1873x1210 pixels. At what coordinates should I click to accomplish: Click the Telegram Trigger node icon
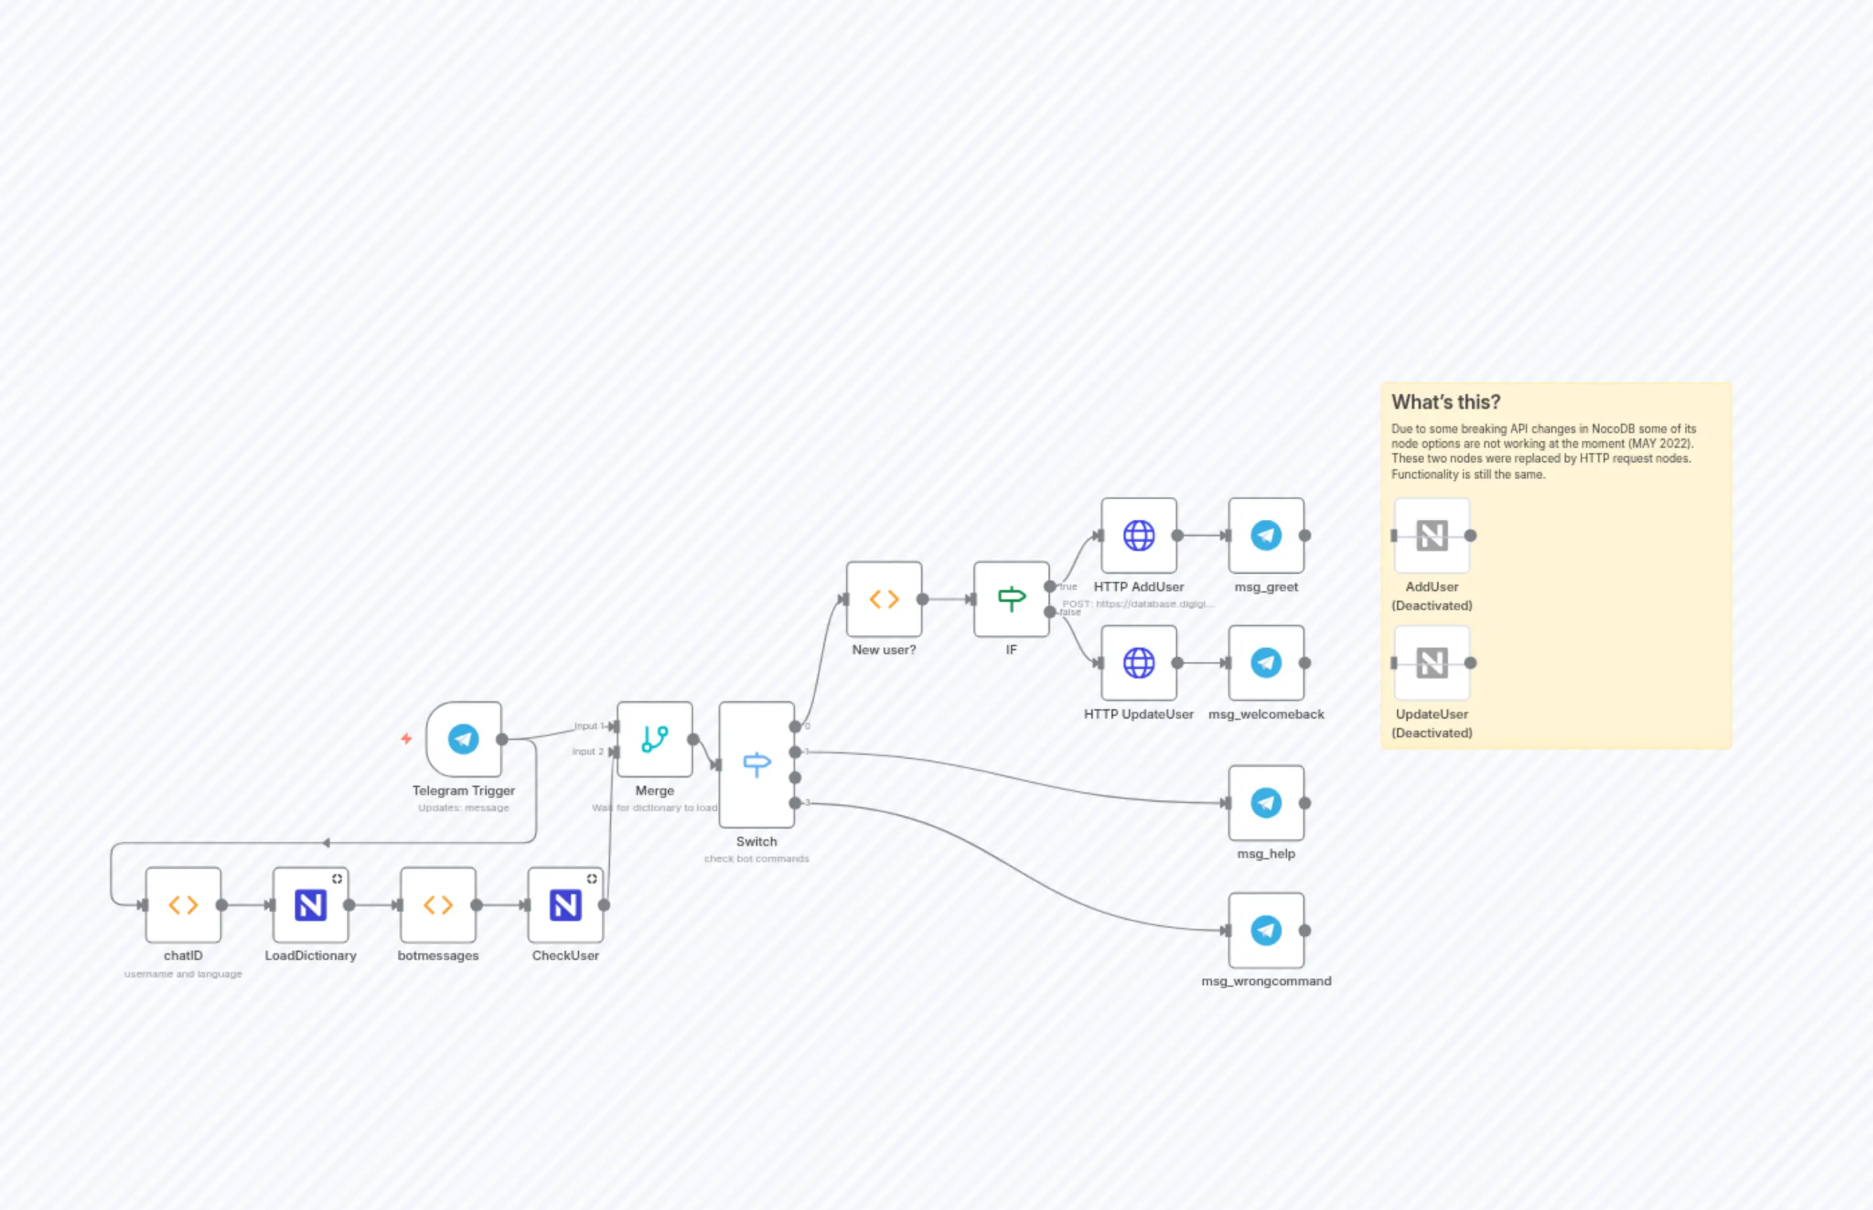point(463,739)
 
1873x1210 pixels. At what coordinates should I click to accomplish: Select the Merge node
point(654,739)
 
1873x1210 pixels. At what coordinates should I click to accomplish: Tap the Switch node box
point(757,764)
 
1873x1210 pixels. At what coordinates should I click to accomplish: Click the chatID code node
point(183,905)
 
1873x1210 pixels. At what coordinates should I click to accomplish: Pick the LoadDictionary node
point(310,905)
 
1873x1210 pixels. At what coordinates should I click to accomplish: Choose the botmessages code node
point(438,905)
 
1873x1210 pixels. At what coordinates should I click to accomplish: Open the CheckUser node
point(566,905)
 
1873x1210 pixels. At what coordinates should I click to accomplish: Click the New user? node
point(884,599)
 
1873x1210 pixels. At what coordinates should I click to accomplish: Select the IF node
point(1011,599)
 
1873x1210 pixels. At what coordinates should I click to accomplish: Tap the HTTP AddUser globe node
point(1138,536)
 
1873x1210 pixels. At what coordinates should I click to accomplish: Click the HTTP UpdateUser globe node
point(1138,663)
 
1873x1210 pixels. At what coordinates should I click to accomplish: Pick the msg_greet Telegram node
point(1266,536)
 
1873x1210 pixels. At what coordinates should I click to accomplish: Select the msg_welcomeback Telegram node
point(1266,663)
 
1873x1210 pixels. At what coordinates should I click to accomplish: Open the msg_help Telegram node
point(1266,803)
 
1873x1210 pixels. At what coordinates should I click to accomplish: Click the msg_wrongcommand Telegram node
point(1266,930)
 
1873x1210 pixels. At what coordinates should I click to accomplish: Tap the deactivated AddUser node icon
point(1431,536)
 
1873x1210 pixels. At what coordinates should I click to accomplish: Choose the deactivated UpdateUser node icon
point(1431,663)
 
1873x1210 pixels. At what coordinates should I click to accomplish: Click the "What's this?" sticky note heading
point(1445,402)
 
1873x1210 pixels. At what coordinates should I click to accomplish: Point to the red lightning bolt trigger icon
point(406,739)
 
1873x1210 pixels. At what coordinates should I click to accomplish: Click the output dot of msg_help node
point(1305,803)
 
